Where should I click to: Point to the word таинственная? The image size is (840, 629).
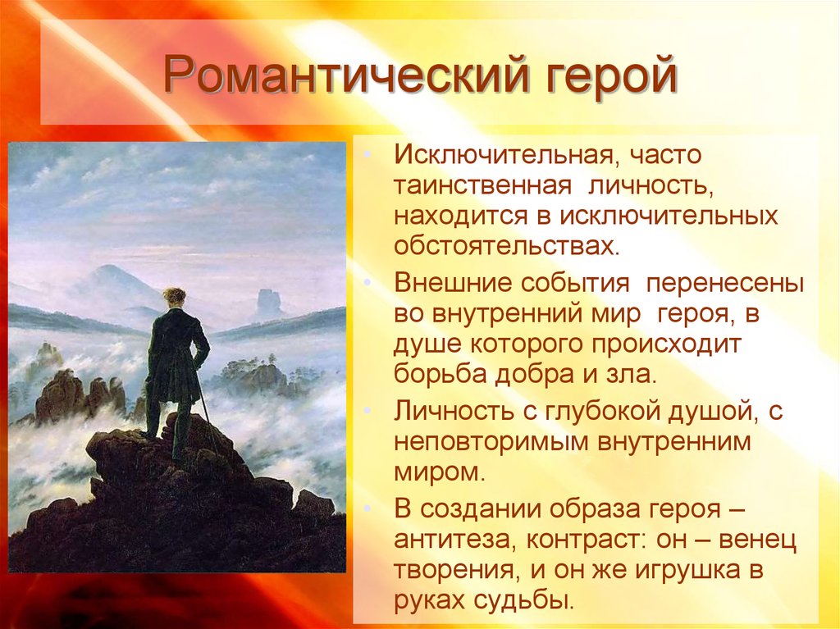(x=482, y=185)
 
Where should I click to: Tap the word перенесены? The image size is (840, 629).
(x=725, y=284)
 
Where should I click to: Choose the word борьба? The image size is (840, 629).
(x=440, y=374)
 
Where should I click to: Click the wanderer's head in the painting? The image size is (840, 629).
(x=175, y=298)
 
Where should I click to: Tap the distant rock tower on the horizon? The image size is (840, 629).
(x=268, y=303)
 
